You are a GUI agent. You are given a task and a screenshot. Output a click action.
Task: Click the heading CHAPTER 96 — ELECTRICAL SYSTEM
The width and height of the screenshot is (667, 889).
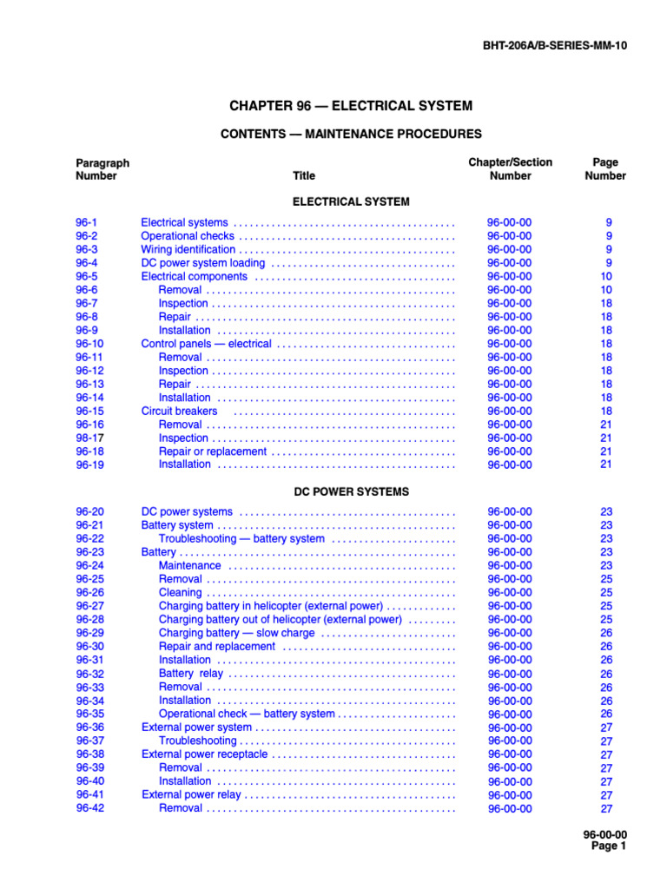pos(351,106)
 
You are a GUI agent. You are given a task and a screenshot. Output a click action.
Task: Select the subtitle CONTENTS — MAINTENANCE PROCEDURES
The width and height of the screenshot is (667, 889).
pos(351,134)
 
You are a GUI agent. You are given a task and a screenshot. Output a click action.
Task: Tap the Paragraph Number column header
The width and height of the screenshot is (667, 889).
pos(102,169)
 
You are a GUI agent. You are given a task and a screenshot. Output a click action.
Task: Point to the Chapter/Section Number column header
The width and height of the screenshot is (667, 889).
pos(510,169)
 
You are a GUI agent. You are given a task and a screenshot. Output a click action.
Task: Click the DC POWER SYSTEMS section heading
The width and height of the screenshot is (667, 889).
pos(351,491)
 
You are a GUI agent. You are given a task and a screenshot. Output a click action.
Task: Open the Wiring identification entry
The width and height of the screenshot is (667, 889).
pos(188,249)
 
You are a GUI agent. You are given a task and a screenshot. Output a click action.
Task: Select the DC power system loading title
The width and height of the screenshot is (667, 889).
pos(203,263)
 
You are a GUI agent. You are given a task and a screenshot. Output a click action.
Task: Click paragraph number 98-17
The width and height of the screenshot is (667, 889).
pos(89,438)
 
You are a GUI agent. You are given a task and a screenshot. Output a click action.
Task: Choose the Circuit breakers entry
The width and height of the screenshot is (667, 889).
pos(179,411)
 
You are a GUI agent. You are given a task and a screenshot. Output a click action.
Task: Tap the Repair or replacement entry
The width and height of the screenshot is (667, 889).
pos(213,451)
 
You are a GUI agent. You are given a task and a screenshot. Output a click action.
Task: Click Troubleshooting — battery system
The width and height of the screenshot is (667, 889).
pos(241,538)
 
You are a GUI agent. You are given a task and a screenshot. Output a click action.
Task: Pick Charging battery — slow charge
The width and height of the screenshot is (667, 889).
pos(236,633)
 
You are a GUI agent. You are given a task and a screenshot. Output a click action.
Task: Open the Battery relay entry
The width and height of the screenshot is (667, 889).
pos(190,674)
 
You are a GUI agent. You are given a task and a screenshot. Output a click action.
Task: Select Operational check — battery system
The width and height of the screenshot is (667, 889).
pos(247,714)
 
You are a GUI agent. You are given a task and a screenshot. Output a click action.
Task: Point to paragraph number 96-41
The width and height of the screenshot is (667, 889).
pos(89,794)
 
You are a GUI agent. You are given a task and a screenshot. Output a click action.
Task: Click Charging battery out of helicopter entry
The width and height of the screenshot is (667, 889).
pos(280,620)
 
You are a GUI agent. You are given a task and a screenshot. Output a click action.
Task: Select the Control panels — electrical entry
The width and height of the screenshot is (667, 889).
pos(206,344)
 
